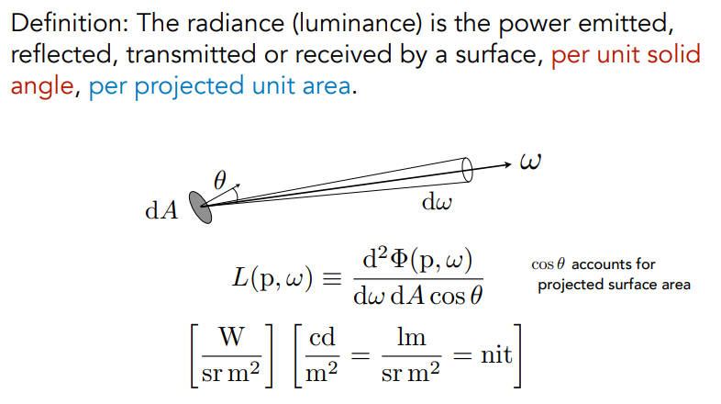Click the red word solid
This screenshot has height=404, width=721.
point(673,54)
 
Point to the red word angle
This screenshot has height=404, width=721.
point(42,87)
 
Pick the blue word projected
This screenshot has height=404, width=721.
point(189,87)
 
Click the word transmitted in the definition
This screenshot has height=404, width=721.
point(191,55)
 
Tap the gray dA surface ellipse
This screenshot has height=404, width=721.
point(201,208)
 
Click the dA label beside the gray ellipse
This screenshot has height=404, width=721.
point(161,211)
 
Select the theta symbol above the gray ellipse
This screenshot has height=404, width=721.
point(220,180)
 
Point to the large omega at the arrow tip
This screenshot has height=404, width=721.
point(530,162)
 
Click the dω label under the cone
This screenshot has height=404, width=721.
point(437,202)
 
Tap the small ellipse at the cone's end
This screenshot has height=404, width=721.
point(467,170)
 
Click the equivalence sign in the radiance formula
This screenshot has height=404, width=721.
point(332,279)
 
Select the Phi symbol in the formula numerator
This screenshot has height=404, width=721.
point(400,261)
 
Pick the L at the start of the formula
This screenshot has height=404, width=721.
point(240,277)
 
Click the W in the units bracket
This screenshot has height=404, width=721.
point(231,337)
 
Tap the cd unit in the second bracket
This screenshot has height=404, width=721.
point(322,338)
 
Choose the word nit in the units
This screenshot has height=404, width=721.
point(496,354)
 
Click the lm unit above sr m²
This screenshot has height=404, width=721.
point(411,337)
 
